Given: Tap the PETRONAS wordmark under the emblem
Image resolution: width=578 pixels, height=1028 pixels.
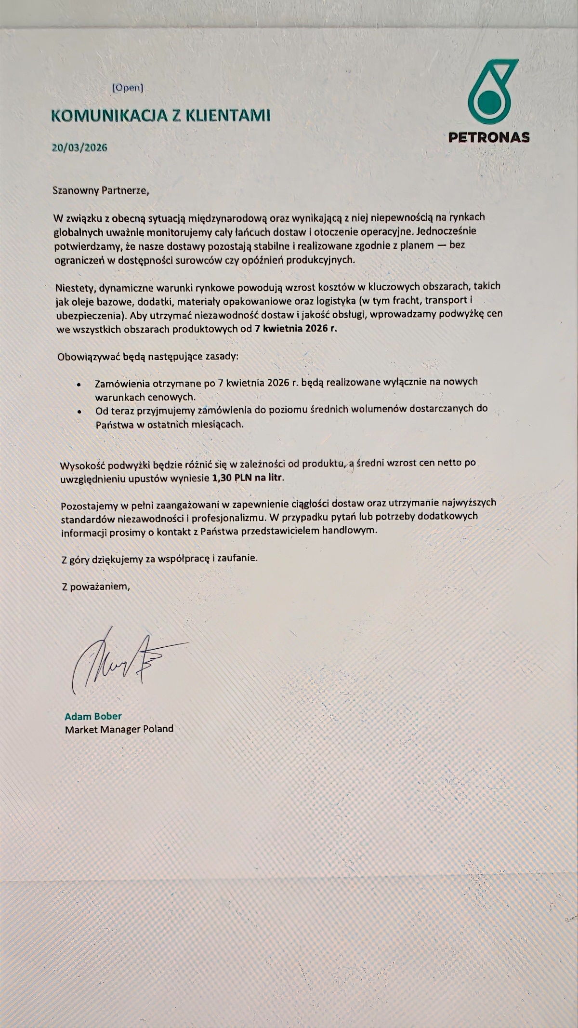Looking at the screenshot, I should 489,137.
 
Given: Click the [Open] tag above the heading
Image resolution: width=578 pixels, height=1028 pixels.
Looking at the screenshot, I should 128,88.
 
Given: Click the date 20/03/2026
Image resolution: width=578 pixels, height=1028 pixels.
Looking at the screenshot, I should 79,147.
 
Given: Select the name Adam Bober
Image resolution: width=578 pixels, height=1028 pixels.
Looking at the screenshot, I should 93,716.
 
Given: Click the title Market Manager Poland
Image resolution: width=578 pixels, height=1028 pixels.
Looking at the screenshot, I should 119,729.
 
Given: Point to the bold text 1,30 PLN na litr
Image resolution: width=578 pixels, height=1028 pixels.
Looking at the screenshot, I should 248,478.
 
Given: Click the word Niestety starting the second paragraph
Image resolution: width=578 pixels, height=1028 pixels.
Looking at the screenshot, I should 77,289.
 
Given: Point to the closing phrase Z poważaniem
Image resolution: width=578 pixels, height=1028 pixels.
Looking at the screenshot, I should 95,587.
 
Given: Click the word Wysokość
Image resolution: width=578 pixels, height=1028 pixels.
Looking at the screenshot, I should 81,466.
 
